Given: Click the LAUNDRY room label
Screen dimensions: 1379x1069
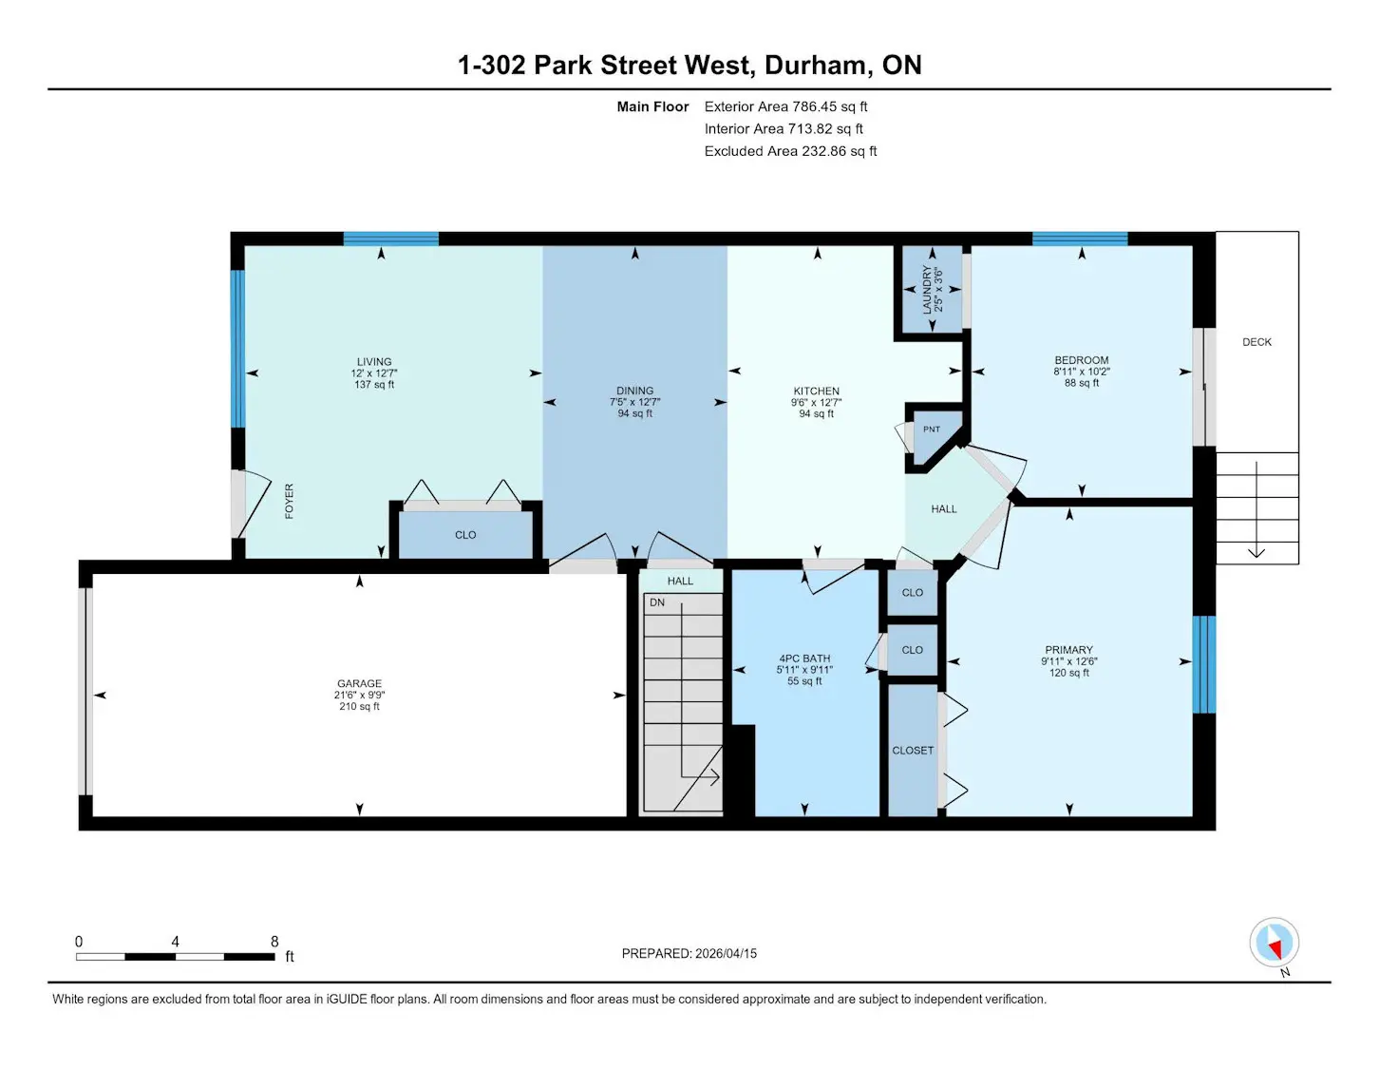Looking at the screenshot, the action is pos(927,290).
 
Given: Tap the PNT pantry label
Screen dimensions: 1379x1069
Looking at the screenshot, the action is pos(931,430).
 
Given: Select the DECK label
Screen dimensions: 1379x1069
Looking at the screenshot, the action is pos(1256,342).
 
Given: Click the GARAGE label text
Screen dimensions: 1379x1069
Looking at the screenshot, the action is pos(359,683).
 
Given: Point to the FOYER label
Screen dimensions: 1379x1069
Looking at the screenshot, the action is pos(290,501).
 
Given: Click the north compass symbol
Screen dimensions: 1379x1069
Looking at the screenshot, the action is pos(1274,942).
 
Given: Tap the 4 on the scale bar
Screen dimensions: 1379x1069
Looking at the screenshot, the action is pos(175,942).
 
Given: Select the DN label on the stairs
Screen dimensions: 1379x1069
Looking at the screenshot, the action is pos(657,602).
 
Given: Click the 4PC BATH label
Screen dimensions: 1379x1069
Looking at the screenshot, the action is pos(804,659).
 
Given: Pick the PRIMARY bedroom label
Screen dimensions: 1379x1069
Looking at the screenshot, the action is pos(1068,649).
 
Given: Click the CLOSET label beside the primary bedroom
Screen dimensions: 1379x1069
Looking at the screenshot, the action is pos(913,751).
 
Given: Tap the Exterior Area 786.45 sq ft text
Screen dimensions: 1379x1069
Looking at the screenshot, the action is pos(785,106).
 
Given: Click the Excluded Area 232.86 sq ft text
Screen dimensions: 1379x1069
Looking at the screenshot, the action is pos(791,151).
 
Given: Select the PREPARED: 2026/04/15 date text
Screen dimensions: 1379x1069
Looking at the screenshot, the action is pos(689,953).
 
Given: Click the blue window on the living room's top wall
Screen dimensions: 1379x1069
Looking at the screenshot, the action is pos(391,239).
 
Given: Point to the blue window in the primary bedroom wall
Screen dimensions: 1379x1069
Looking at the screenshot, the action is pos(1204,664).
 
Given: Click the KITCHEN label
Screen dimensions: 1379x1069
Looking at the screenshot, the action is pos(816,391).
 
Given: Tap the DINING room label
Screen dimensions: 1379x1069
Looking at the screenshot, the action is pos(634,391).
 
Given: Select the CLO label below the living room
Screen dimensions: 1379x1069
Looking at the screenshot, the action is pos(465,535).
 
